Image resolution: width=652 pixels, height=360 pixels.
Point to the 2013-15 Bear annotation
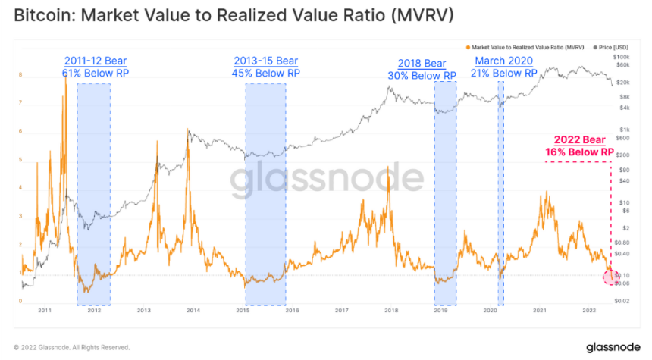pyautogui.click(x=265, y=67)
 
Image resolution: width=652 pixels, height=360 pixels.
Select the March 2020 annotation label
pyautogui.click(x=503, y=67)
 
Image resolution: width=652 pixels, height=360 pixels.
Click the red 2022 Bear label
pyautogui.click(x=579, y=146)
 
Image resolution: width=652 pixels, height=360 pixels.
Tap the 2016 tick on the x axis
pyautogui.click(x=292, y=311)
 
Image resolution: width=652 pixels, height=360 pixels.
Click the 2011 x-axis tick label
pyautogui.click(x=45, y=311)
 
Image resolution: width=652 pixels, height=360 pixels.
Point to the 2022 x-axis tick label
pyautogui.click(x=588, y=311)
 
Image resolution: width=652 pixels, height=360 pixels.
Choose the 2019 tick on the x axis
pyautogui.click(x=440, y=311)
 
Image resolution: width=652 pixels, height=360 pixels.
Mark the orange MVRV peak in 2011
pyautogui.click(x=65, y=76)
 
